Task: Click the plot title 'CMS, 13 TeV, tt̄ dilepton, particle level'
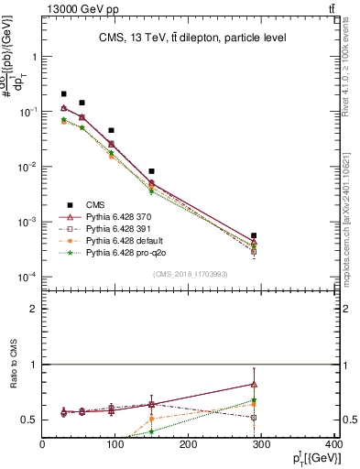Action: click(193, 38)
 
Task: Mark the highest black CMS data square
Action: click(63, 93)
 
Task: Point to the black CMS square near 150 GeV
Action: click(151, 171)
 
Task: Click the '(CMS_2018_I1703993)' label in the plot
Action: click(191, 274)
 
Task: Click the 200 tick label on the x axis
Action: click(189, 445)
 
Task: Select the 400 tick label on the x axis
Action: click(335, 445)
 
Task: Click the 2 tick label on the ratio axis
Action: click(33, 309)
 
